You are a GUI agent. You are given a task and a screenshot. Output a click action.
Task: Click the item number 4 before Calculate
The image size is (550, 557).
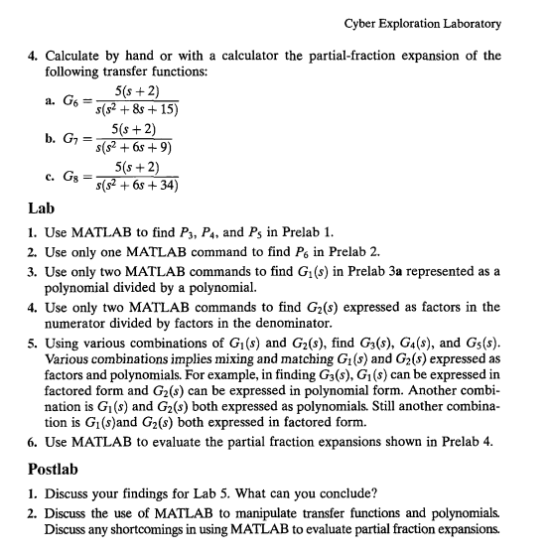[x=30, y=55]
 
